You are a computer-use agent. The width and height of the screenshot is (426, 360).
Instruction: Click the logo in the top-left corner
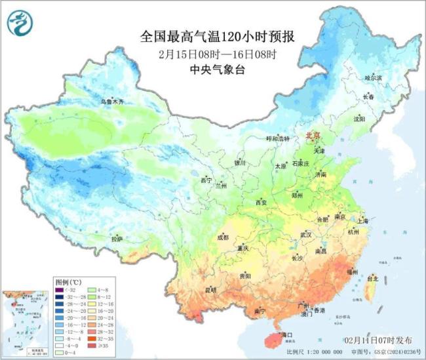point(18,23)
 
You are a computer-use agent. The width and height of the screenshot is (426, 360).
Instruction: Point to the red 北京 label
point(314,136)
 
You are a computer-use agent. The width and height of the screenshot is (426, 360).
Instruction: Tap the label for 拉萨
point(117,239)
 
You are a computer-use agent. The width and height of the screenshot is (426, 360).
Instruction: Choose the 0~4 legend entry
point(64,352)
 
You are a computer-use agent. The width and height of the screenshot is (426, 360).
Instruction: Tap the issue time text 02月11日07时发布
point(379,341)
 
